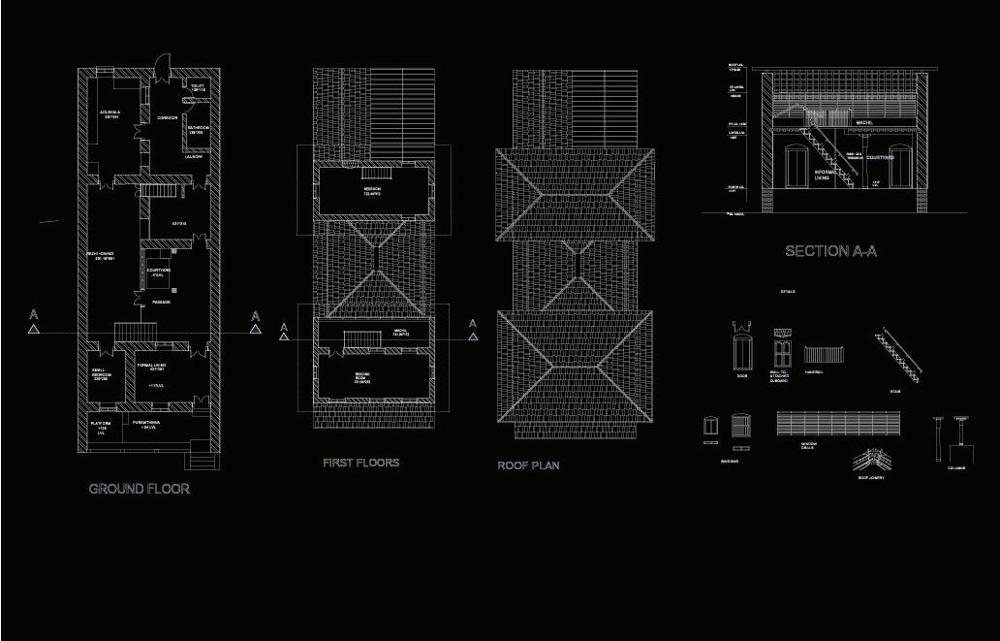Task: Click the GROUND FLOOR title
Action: click(140, 489)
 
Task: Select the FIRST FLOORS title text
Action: click(360, 463)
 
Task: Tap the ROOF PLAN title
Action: click(528, 465)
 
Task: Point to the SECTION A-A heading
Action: click(830, 251)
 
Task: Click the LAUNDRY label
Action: click(194, 156)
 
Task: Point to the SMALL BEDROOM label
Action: click(101, 374)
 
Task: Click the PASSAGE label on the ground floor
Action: click(161, 303)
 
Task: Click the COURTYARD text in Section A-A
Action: click(880, 157)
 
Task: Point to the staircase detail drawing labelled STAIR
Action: click(898, 355)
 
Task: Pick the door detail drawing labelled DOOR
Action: click(742, 349)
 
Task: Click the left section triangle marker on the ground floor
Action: click(34, 329)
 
